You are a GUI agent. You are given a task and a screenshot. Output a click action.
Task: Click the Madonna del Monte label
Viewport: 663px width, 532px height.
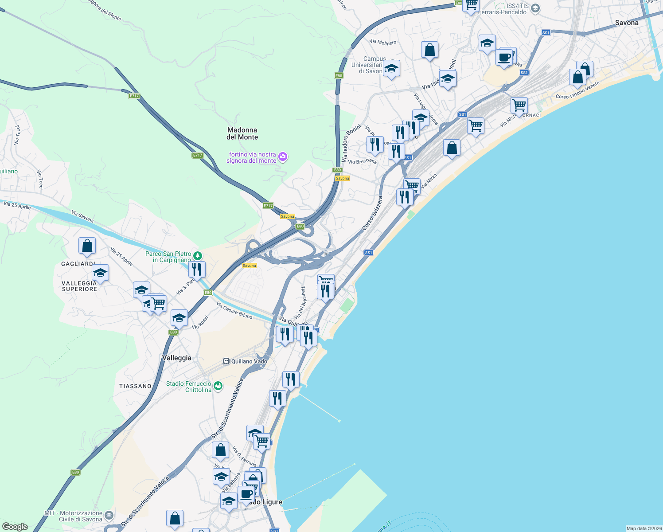pos(242,133)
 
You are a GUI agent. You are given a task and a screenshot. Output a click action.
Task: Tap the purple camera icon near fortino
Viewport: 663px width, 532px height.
pos(283,157)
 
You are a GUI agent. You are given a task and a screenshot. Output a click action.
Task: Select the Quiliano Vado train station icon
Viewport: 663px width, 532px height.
pos(226,361)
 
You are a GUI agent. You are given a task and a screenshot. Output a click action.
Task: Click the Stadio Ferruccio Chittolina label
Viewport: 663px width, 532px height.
pos(189,387)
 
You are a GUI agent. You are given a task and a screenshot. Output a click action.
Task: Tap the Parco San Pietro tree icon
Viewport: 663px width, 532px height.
pos(198,256)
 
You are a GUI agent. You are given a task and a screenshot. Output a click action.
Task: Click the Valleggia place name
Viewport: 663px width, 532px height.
pos(176,358)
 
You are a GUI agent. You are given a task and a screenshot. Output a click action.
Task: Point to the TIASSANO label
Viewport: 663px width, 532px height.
pos(135,386)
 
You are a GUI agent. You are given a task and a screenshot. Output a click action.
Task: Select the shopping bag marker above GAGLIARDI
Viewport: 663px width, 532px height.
pos(87,246)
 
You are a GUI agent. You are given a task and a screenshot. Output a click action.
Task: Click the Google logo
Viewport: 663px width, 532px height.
pos(15,527)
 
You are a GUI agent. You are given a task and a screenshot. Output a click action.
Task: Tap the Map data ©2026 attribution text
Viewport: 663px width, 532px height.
pos(643,528)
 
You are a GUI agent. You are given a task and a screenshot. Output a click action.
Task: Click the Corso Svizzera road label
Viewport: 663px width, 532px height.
pos(372,213)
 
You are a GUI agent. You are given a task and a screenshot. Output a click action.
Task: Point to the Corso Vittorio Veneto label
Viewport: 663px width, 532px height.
pos(577,90)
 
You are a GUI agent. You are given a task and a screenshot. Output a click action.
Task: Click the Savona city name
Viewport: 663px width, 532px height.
pos(627,23)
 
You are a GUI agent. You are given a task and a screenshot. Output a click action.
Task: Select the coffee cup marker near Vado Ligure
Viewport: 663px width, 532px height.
pos(246,493)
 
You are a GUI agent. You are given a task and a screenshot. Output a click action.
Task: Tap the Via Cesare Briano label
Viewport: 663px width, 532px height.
pos(234,310)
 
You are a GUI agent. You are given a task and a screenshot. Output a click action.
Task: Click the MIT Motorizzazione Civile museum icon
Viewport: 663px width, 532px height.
pos(109,516)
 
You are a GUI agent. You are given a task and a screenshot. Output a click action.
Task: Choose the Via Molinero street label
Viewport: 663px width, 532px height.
pos(383,42)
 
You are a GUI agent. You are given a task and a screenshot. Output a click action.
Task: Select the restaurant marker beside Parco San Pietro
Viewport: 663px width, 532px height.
pos(196,269)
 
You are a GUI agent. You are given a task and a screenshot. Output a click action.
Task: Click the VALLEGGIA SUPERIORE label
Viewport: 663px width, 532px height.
pos(79,286)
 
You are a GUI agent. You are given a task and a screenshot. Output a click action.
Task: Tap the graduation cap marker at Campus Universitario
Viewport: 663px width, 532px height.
pos(391,69)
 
